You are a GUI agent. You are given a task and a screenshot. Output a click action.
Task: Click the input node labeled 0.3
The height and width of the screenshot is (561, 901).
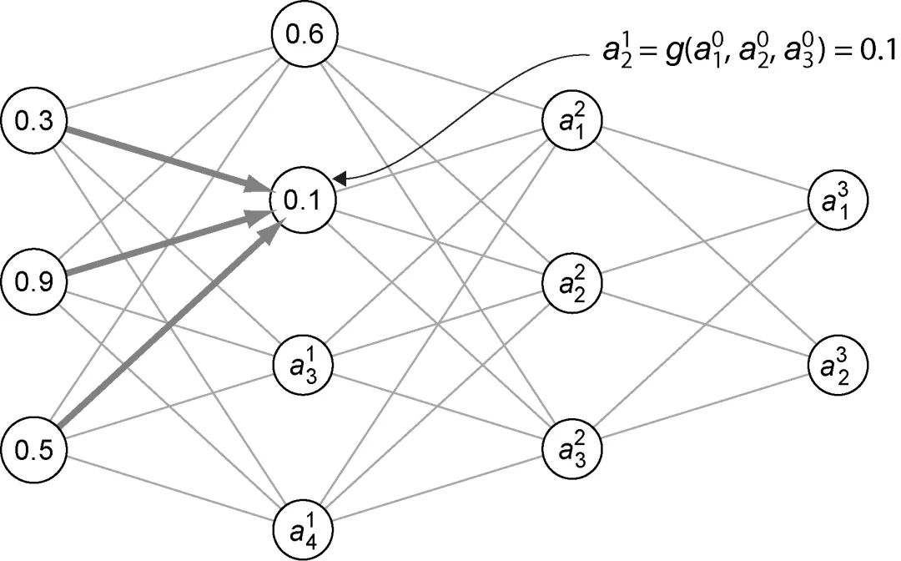34,123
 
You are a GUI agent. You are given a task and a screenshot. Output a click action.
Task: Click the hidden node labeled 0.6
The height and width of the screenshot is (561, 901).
301,35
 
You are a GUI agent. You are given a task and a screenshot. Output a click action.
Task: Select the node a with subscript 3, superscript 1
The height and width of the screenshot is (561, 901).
303,365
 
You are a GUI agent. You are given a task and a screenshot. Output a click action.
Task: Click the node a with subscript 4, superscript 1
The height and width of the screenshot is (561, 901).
303,528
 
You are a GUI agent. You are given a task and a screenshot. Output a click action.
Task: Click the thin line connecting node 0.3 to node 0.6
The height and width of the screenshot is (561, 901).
167,78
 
